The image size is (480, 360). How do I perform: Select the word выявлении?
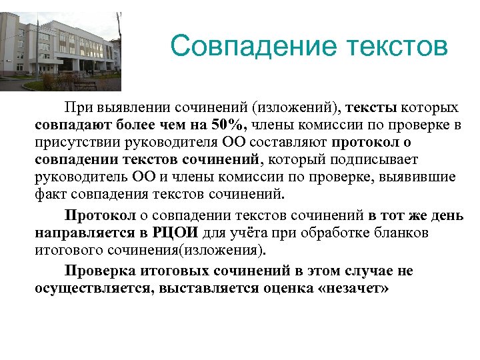pyautogui.click(x=130, y=108)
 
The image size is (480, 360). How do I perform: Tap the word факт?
pyautogui.click(x=47, y=195)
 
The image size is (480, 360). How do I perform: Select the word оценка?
pyautogui.click(x=279, y=288)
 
